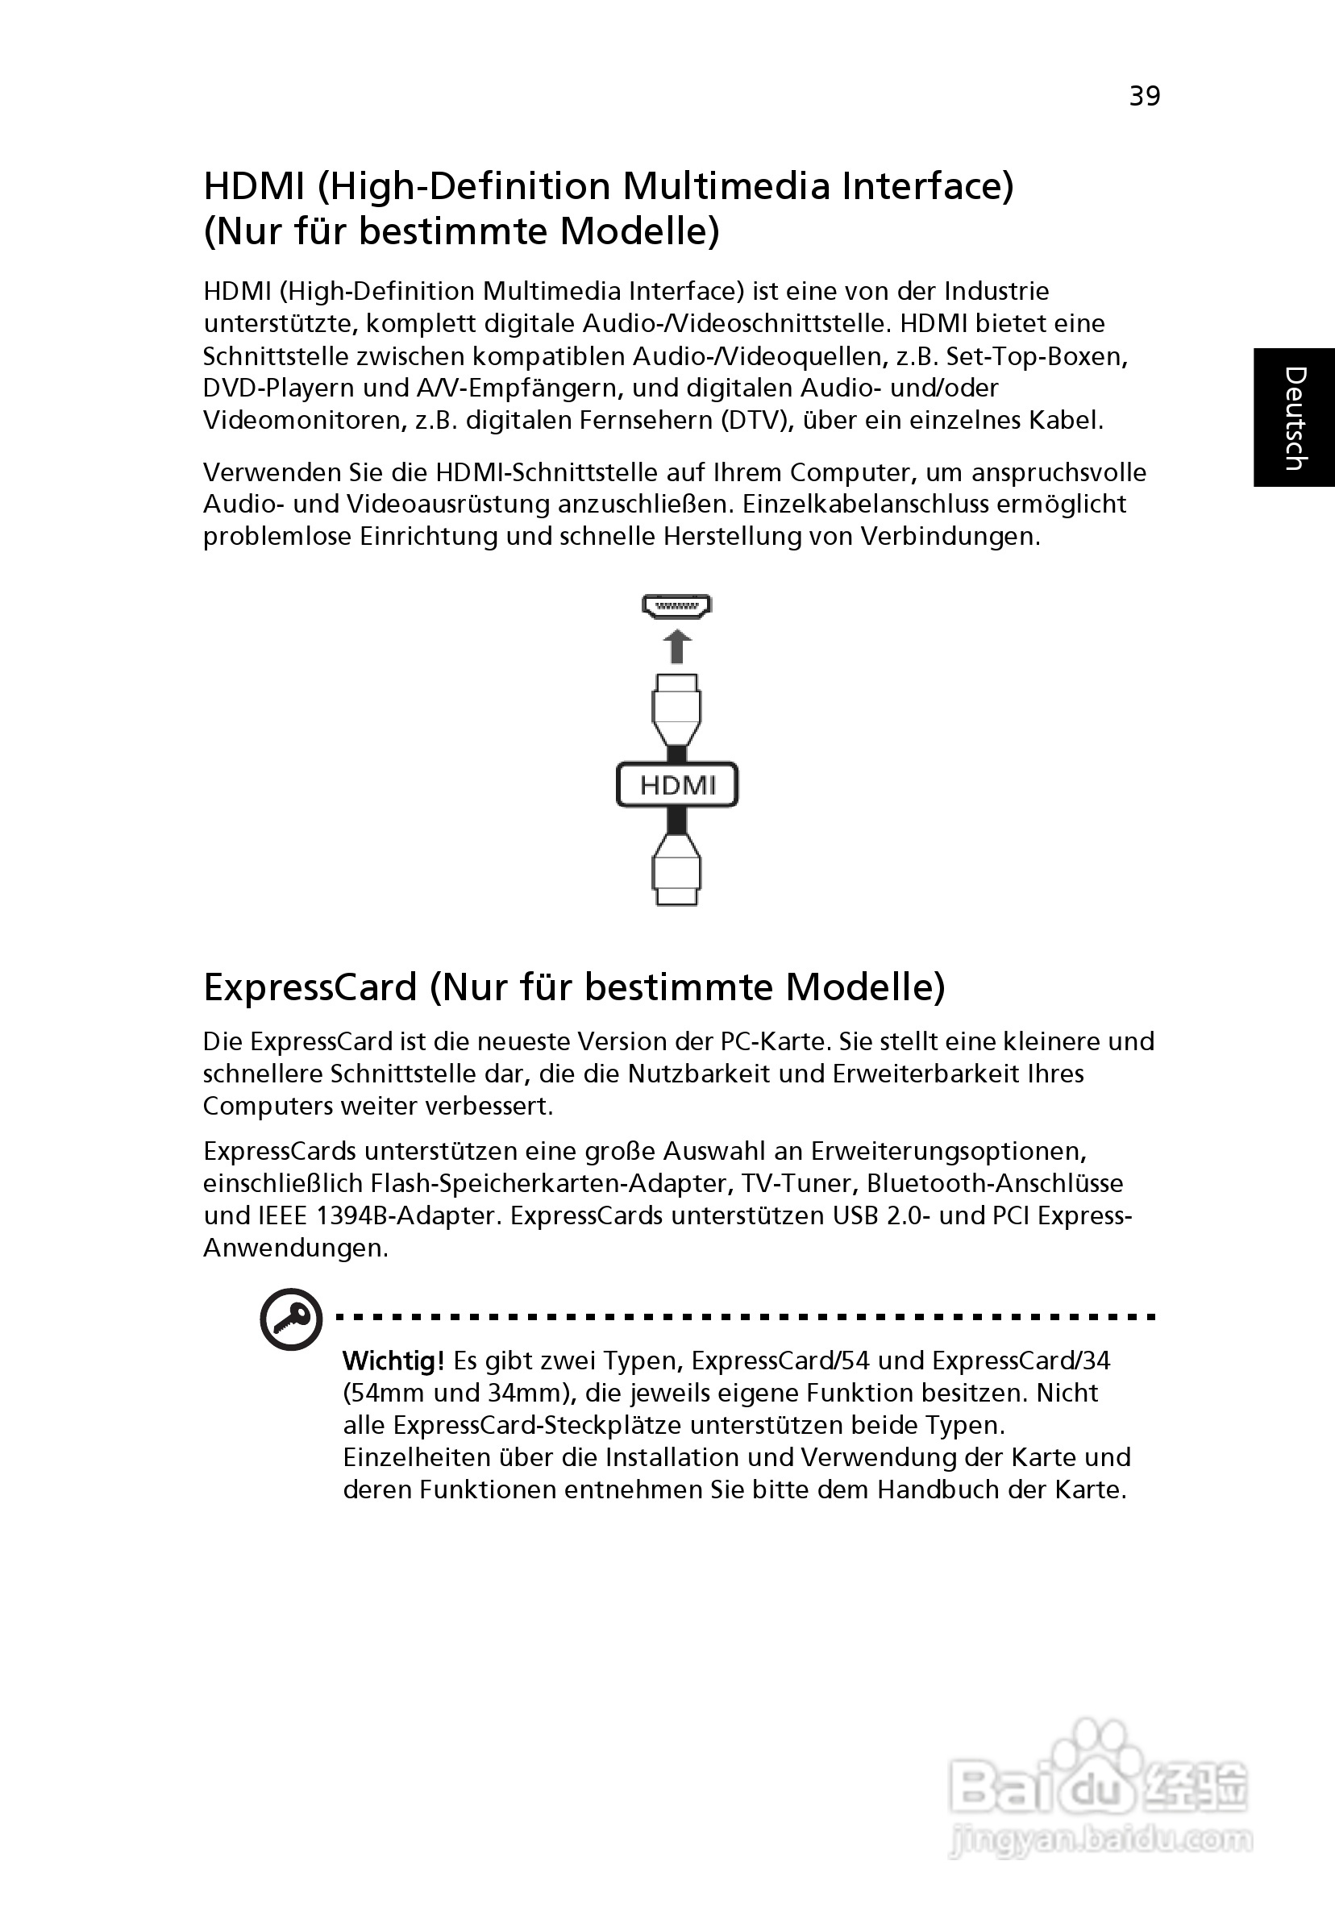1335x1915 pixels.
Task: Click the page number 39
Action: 1144,97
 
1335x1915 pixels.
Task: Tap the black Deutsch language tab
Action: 1293,417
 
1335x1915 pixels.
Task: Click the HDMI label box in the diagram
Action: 676,785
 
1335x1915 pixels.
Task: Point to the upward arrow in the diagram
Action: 676,646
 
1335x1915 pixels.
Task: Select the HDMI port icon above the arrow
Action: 676,606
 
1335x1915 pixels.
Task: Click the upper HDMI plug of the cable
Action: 676,709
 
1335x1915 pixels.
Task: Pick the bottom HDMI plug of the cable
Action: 676,871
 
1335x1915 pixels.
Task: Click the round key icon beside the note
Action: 291,1319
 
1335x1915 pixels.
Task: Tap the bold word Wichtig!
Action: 393,1361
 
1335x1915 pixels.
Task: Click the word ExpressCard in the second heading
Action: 310,987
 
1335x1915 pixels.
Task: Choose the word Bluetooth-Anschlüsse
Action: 996,1183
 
